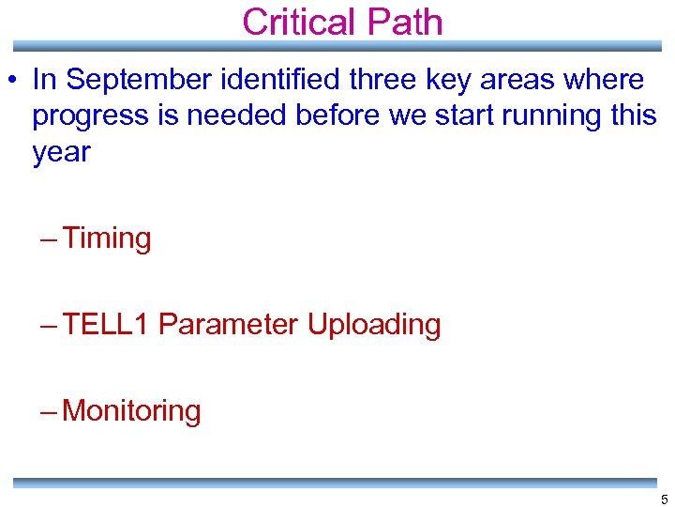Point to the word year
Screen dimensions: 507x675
(61, 153)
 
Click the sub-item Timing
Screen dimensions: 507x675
(107, 238)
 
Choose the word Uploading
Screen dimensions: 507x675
(374, 325)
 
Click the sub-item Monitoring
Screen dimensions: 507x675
(131, 411)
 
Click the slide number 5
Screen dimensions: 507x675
(664, 499)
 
